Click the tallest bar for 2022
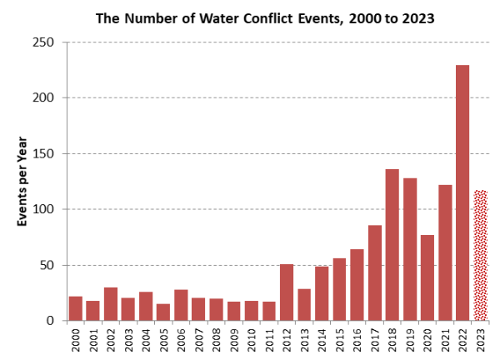click(462, 192)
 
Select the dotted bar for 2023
click(480, 255)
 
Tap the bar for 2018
click(392, 245)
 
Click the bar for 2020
click(427, 277)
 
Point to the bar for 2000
click(76, 308)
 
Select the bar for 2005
click(163, 312)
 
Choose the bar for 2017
click(375, 272)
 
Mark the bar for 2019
click(410, 249)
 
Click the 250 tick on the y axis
click(46, 42)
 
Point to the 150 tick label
click(46, 154)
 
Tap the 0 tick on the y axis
click(52, 321)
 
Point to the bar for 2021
click(445, 252)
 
